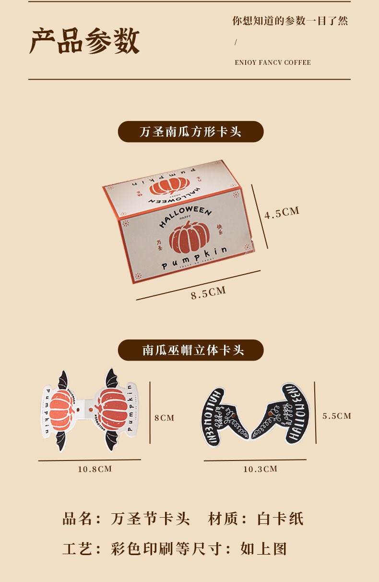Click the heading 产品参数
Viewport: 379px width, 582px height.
tap(84, 41)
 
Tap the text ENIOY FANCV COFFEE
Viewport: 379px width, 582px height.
tap(272, 62)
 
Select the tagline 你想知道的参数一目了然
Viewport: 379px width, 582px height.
tap(290, 21)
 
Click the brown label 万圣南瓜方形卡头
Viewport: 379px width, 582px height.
tap(190, 132)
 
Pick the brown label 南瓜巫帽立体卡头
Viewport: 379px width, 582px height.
tap(190, 350)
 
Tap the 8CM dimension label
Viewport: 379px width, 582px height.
tap(164, 418)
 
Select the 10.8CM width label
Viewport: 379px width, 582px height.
tap(95, 469)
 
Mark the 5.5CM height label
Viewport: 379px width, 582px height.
tap(337, 416)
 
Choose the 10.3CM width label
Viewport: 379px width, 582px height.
tap(260, 469)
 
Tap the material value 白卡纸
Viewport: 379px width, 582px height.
tap(280, 519)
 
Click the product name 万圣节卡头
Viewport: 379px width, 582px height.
tap(151, 519)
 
